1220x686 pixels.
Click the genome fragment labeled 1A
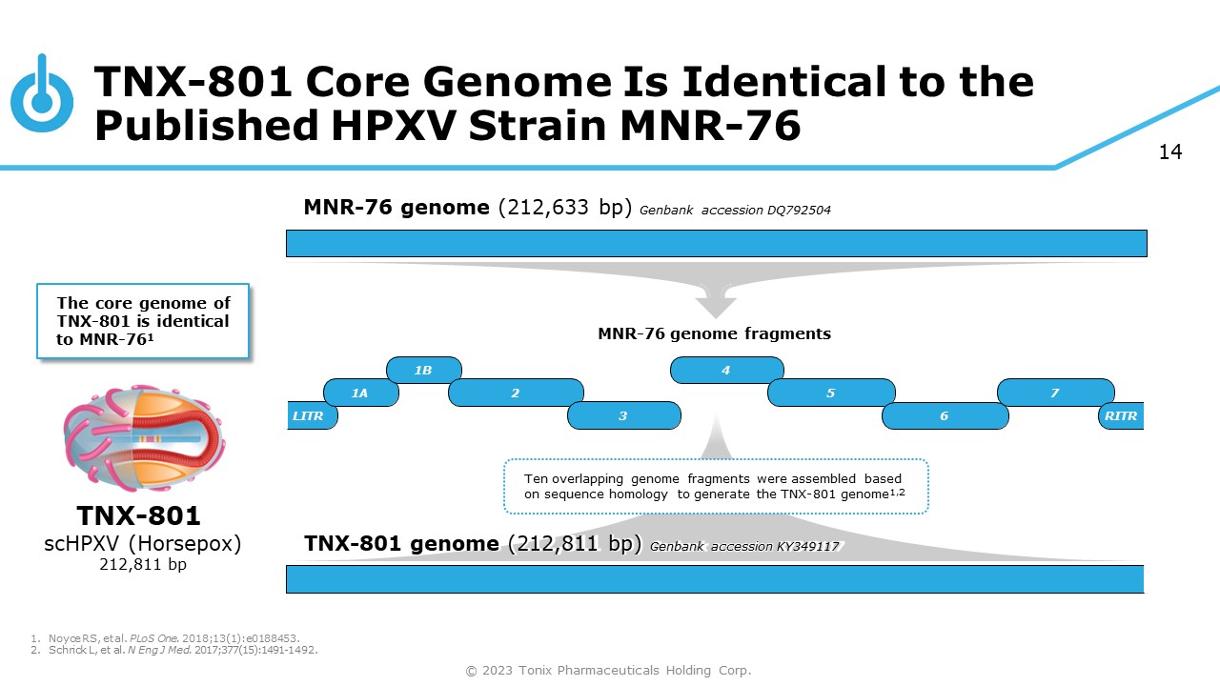click(360, 393)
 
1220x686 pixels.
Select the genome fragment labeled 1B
click(424, 370)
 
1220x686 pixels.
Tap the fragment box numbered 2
click(516, 393)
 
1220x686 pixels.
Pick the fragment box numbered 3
click(623, 415)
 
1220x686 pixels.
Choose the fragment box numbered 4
click(726, 370)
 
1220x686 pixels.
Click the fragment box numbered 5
click(831, 393)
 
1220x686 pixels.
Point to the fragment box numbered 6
click(945, 415)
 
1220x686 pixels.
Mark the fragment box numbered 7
click(1055, 393)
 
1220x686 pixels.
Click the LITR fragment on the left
click(309, 416)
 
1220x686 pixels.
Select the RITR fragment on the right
click(1121, 416)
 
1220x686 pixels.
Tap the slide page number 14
click(1170, 152)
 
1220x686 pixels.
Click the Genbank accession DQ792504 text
click(735, 211)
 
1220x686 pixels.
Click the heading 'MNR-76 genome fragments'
click(714, 333)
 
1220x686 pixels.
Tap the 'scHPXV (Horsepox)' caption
click(143, 544)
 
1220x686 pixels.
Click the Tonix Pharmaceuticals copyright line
click(608, 671)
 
